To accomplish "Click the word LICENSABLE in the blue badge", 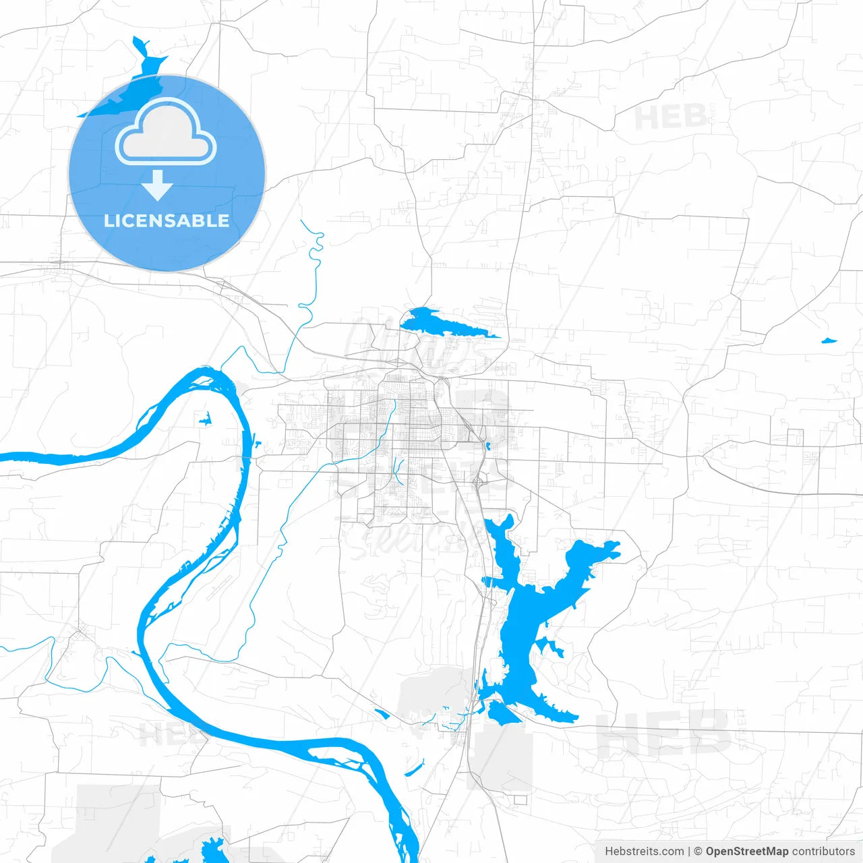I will click(167, 221).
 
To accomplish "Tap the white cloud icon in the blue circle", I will click(166, 132).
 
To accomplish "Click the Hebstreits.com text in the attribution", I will click(644, 852).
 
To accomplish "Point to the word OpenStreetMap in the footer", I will click(746, 852).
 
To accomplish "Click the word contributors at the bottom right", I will click(823, 852).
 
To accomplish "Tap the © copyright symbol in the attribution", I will click(698, 852).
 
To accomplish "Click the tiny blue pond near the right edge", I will click(829, 340).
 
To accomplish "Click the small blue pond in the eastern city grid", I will click(487, 446).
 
